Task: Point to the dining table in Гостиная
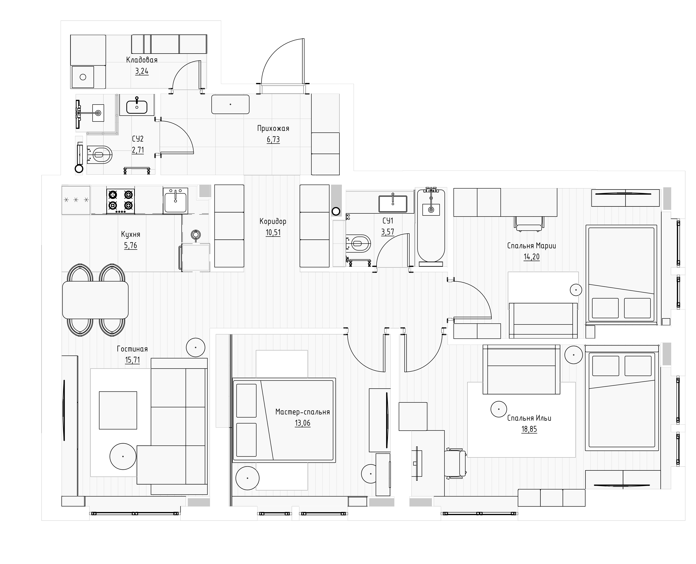[95, 300]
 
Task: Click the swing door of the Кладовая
[187, 75]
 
